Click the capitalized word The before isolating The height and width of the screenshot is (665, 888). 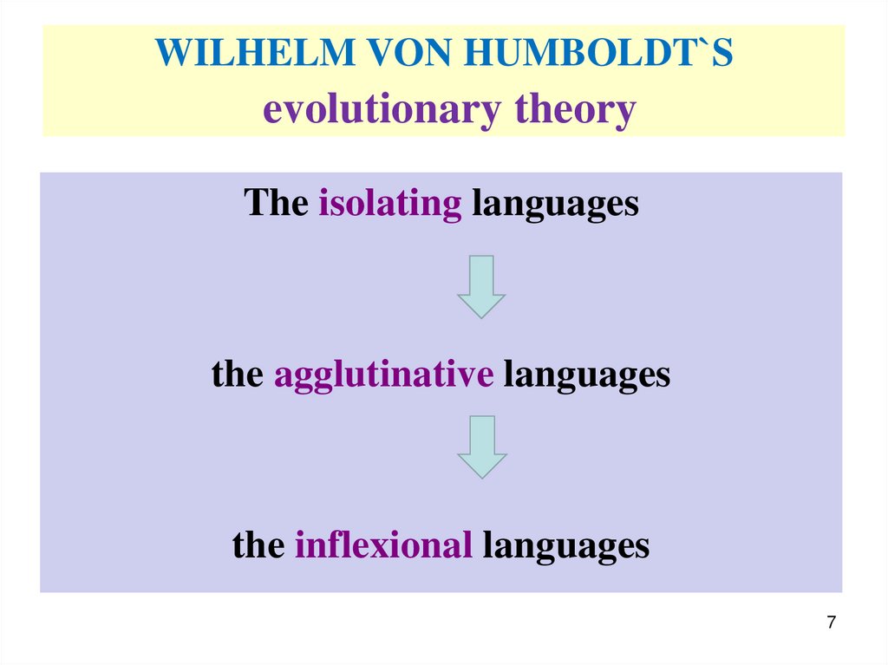(276, 203)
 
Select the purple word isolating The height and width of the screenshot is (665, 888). (390, 203)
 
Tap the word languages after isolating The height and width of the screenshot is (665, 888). (555, 205)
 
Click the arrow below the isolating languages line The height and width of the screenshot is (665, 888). (480, 286)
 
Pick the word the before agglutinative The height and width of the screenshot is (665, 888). (237, 375)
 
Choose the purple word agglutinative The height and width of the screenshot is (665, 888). (384, 375)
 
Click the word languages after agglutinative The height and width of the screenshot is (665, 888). (587, 375)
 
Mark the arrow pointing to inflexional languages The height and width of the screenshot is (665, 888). (481, 447)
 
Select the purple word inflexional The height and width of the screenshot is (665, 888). (383, 545)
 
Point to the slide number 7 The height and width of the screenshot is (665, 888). (832, 623)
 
